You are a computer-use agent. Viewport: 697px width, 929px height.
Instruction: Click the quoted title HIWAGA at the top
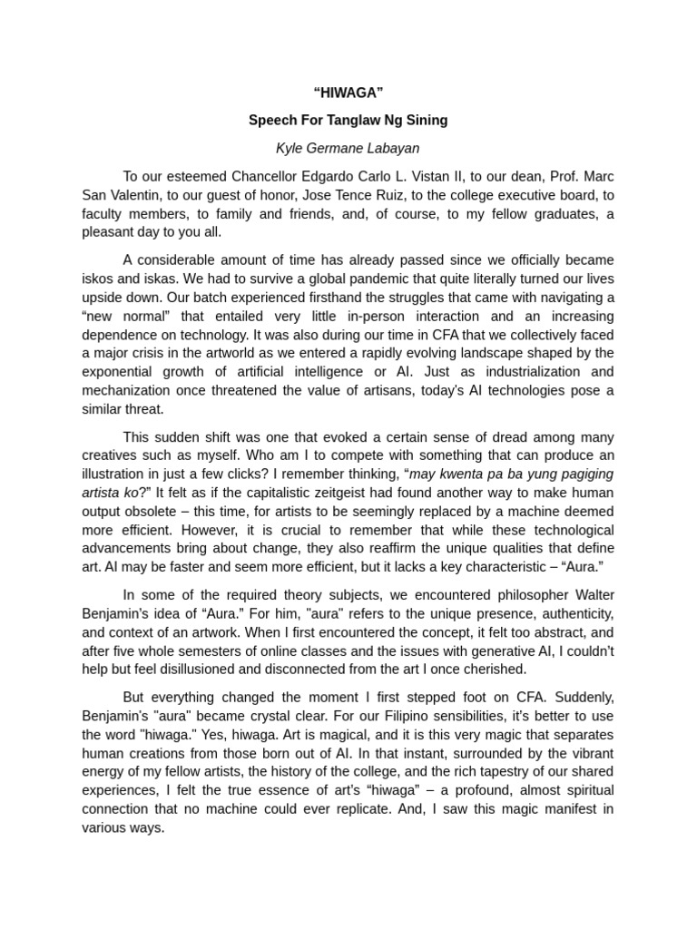point(348,93)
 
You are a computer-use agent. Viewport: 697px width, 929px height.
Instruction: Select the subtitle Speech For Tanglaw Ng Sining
point(348,120)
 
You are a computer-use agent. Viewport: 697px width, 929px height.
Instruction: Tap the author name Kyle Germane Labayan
point(348,147)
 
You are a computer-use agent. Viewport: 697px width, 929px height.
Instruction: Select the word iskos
point(98,279)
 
